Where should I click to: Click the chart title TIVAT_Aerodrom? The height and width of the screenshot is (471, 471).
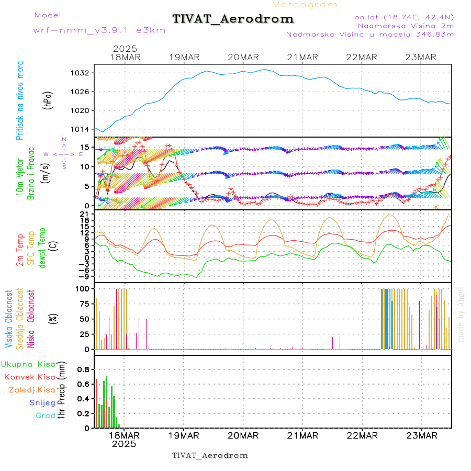click(x=233, y=19)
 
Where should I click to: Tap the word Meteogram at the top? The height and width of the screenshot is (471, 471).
click(x=305, y=5)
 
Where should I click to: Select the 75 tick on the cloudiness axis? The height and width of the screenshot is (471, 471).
click(x=84, y=304)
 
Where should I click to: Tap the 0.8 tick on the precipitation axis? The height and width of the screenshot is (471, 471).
click(x=83, y=369)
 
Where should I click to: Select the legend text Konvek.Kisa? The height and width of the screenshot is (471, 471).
click(x=29, y=377)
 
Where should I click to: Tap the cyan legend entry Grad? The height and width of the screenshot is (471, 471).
click(x=45, y=416)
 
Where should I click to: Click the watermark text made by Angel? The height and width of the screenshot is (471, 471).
click(x=461, y=314)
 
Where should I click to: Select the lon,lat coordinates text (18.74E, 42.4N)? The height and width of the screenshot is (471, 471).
click(x=403, y=17)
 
